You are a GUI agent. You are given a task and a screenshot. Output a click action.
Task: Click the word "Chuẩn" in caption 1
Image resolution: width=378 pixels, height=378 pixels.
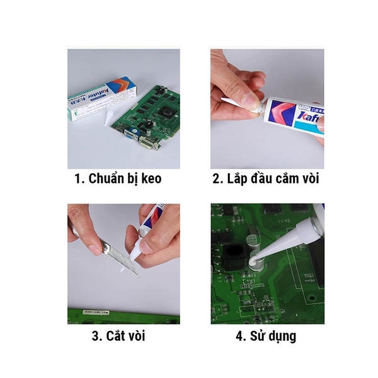click(x=106, y=179)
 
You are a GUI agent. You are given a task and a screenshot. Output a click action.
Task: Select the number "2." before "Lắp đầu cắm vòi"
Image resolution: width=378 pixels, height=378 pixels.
click(x=217, y=179)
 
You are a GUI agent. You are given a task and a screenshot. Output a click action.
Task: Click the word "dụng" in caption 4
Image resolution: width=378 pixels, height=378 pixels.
click(x=282, y=335)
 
